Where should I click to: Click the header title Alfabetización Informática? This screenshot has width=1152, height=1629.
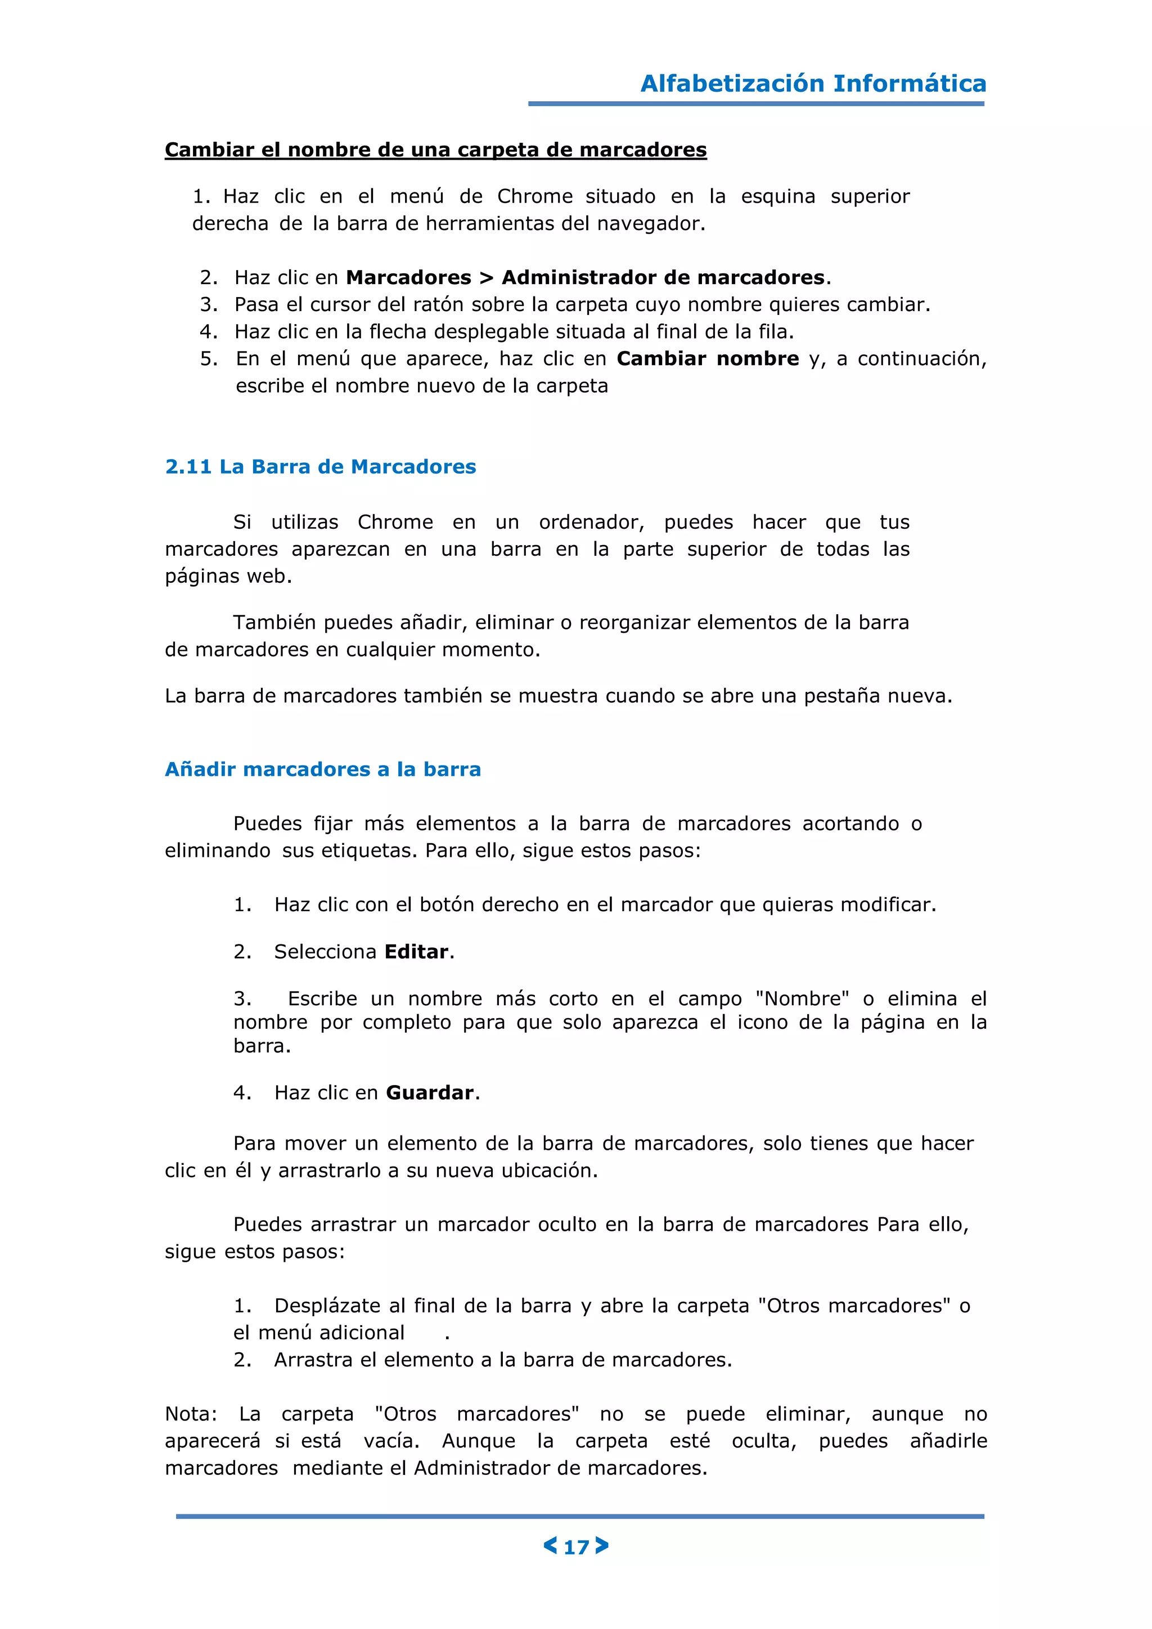(x=813, y=84)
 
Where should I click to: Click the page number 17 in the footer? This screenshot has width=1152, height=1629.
(x=576, y=1547)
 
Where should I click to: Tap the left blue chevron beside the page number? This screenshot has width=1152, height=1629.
(x=550, y=1545)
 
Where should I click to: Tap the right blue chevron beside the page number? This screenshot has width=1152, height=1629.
(x=602, y=1545)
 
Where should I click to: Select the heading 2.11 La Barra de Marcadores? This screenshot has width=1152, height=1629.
(x=320, y=467)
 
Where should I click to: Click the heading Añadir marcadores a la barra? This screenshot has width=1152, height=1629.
(x=323, y=770)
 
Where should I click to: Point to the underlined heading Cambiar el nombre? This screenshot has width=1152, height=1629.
(x=435, y=150)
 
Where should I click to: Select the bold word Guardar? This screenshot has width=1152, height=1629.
(x=430, y=1092)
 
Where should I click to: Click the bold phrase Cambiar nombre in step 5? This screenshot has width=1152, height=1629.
(x=707, y=359)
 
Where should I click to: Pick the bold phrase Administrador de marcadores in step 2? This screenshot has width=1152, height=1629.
(x=663, y=277)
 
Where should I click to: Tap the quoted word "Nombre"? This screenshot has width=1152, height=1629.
(x=802, y=999)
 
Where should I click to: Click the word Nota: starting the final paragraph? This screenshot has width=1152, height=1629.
(x=191, y=1414)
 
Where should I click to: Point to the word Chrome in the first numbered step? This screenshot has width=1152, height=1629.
(x=534, y=196)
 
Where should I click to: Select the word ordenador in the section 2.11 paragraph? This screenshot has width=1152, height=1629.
(x=591, y=522)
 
